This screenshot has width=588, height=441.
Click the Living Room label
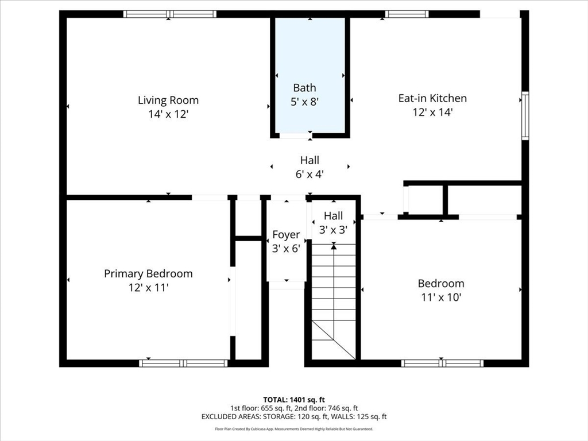coord(168,100)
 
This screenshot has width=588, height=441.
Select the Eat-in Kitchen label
coord(432,98)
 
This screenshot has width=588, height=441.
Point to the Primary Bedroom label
coord(148,274)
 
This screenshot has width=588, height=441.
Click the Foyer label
coord(286,235)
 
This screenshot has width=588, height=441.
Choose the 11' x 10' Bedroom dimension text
coord(441,297)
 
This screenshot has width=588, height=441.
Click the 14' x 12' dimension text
coord(168,114)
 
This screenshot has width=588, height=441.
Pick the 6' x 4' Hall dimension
coord(310,175)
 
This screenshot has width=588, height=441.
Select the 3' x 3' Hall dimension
coord(334,230)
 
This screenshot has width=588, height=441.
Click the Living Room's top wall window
coord(170,14)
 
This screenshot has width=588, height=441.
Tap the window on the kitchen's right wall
coord(525,116)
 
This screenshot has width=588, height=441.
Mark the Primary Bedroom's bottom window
coord(183,363)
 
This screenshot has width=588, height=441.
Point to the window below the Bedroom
coord(443,363)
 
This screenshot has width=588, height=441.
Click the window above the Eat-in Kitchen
coord(407,14)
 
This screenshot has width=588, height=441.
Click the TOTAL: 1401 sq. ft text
coord(294,400)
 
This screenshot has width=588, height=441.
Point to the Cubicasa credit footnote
coord(294,429)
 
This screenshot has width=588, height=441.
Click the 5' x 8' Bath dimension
coord(304,102)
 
